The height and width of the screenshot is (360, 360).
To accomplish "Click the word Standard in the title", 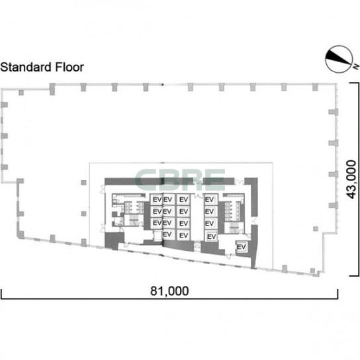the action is point(26,67).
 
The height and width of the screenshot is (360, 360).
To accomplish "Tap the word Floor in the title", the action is point(69,67).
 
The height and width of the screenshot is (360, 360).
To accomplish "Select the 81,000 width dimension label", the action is point(169,291).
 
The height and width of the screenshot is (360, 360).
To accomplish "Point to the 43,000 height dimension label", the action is point(351,179).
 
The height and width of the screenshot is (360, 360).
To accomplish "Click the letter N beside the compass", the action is point(356,67).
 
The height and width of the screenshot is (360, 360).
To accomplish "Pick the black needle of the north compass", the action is point(337,58).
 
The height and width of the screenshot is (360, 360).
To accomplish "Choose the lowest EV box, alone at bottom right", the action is point(241,247).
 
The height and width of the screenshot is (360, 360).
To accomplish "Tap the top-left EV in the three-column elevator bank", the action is point(157,199).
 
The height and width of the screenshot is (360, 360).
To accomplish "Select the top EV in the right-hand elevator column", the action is point(210,199).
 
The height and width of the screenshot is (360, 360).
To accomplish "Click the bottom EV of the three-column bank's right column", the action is point(183,236).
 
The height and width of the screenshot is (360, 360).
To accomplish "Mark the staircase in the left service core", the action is point(133,220).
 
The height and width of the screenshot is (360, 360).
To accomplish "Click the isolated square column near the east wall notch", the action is point(316,229).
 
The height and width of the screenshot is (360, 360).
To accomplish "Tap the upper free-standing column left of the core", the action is point(83,183).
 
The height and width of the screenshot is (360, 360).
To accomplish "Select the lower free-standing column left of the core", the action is point(83,214).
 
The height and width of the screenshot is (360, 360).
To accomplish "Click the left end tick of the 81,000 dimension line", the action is point(1,294).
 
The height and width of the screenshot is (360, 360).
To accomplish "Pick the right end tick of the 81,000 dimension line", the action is point(337,294).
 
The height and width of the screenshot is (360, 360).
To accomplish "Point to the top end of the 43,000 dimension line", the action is point(354,83).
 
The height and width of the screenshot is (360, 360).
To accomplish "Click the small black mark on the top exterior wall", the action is point(163,85).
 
